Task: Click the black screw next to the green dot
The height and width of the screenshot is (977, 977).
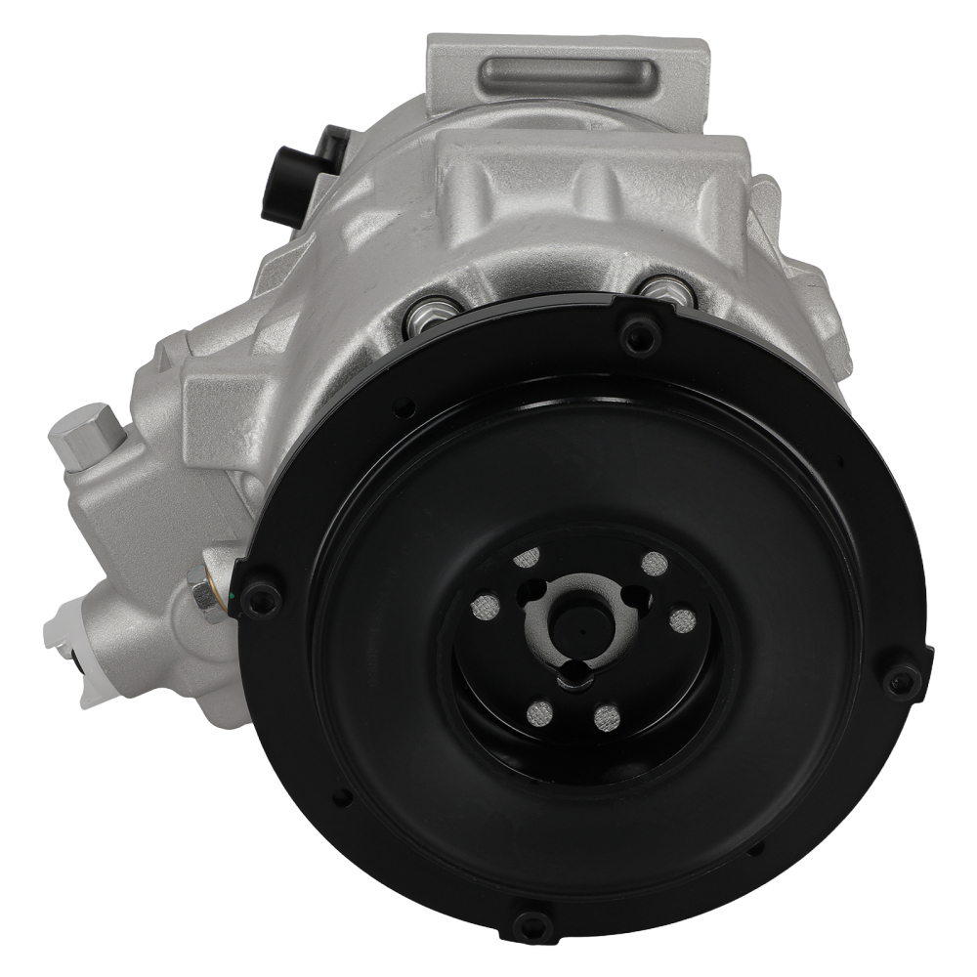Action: (x=259, y=597)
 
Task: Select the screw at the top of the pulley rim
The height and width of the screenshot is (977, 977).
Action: (x=640, y=337)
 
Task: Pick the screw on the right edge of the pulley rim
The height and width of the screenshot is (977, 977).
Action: (x=902, y=680)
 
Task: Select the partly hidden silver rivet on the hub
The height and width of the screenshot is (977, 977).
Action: (x=526, y=558)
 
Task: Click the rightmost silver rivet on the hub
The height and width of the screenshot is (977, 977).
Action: (x=683, y=620)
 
